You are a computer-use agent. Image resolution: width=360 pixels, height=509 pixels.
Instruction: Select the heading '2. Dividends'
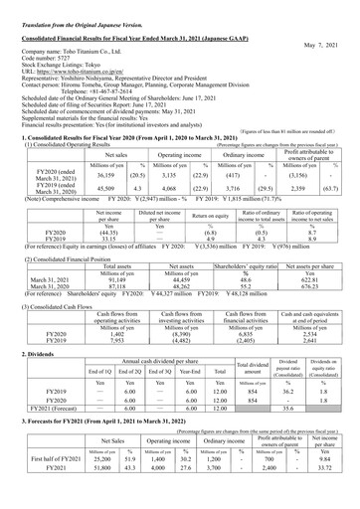coord(29,354)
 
